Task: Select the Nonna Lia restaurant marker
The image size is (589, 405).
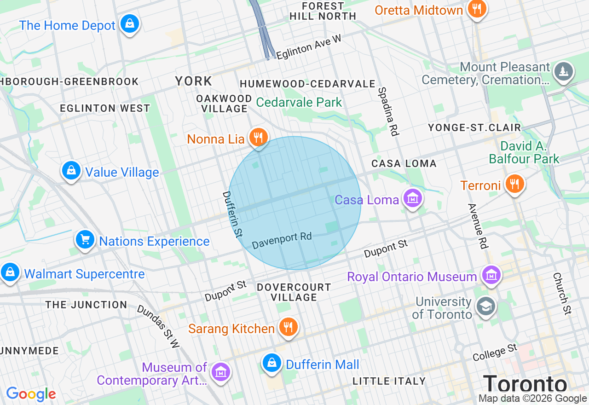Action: (259, 137)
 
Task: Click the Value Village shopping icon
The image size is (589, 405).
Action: (71, 170)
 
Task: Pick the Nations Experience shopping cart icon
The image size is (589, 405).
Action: (85, 239)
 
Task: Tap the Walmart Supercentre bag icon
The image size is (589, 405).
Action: (10, 272)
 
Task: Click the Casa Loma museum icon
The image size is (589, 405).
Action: (412, 198)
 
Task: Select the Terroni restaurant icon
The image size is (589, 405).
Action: (514, 184)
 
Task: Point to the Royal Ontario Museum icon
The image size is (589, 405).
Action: (491, 275)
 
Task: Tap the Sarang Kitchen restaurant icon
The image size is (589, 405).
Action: (288, 327)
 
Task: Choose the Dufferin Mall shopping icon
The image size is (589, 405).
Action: (272, 363)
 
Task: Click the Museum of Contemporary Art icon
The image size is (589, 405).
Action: (221, 371)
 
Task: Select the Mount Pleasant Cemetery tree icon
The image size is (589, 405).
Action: (563, 71)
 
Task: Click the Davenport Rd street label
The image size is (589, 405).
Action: (282, 240)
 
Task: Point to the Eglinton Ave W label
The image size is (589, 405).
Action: (309, 47)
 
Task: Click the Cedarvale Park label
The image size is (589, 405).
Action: (299, 102)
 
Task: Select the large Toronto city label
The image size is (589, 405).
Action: (525, 384)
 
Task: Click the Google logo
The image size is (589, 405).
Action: (31, 394)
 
